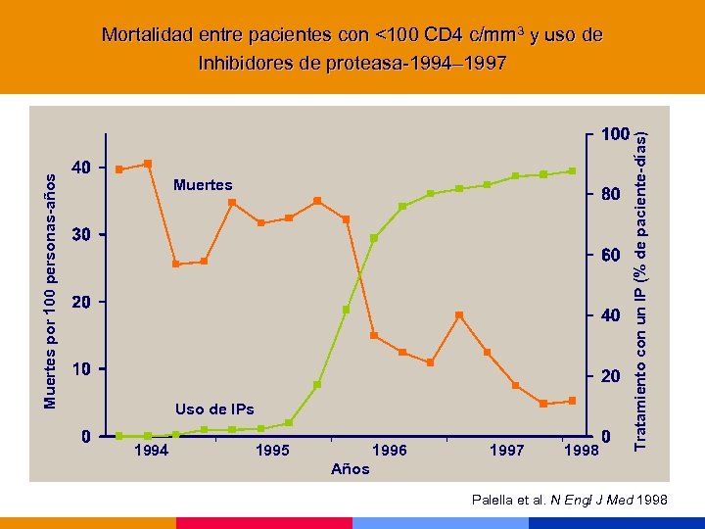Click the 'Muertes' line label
pyautogui.click(x=203, y=184)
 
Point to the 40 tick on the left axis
pyautogui.click(x=81, y=168)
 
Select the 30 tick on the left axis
pyautogui.click(x=81, y=235)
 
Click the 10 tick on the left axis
pyautogui.click(x=81, y=369)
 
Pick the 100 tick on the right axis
pyautogui.click(x=615, y=133)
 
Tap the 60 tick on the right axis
pyautogui.click(x=611, y=256)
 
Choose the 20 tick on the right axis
pyautogui.click(x=611, y=377)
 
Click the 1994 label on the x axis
pyautogui.click(x=151, y=451)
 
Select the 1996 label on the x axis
pyautogui.click(x=390, y=451)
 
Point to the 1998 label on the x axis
pyautogui.click(x=582, y=451)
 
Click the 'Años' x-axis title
pyautogui.click(x=351, y=469)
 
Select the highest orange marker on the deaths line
pyautogui.click(x=148, y=164)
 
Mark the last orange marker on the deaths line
pyautogui.click(x=573, y=401)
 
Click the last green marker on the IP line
pyautogui.click(x=573, y=171)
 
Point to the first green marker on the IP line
pyautogui.click(x=119, y=436)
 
